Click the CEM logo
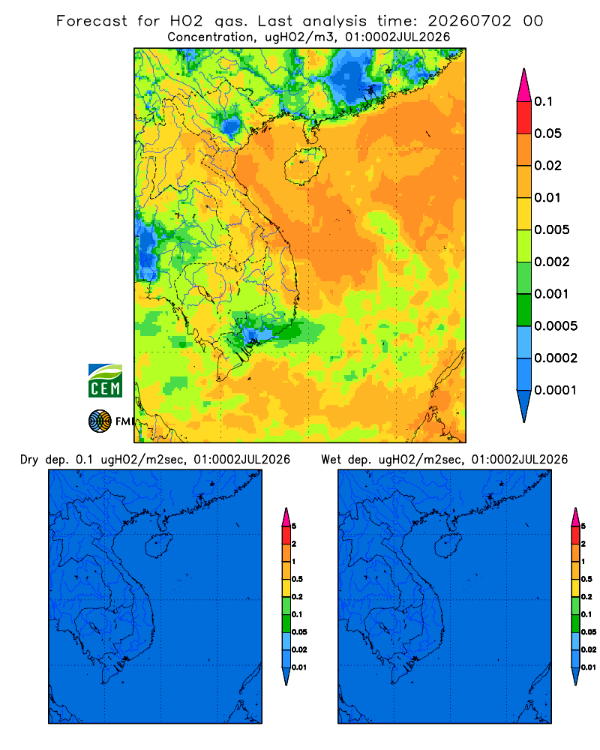[105, 380]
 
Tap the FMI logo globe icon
[100, 421]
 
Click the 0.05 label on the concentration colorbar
[547, 133]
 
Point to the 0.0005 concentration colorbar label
[556, 326]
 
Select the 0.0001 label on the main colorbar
[556, 390]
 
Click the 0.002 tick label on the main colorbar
[552, 262]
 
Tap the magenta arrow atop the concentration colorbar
[524, 85]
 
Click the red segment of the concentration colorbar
[524, 118]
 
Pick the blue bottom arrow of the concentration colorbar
[524, 406]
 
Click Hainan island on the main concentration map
[304, 166]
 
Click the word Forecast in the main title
[91, 21]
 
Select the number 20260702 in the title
[469, 21]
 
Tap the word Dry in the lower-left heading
[28, 460]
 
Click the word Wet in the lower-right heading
[331, 460]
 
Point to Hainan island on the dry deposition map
[158, 545]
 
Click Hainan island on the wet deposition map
[448, 545]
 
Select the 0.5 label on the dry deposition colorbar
[297, 579]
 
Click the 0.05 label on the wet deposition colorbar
[589, 631]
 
